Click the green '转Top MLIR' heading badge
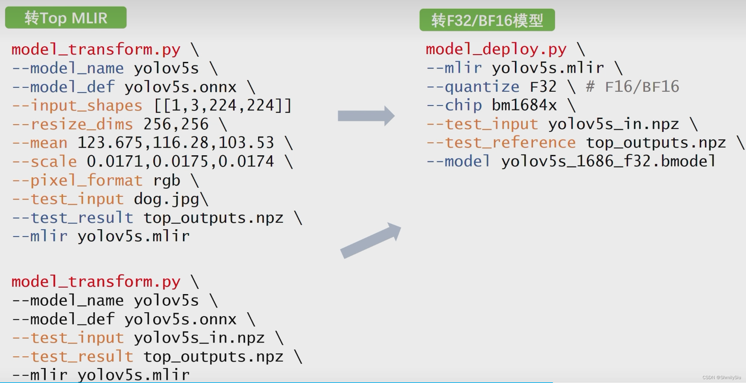tap(66, 18)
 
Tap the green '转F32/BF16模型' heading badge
tap(487, 20)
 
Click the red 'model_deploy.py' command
tap(496, 49)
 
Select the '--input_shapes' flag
tap(77, 106)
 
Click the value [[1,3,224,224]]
tap(223, 106)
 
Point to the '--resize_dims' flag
tap(72, 125)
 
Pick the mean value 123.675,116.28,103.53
tap(176, 143)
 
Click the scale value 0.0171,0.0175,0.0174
tap(180, 162)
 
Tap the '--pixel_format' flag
tap(77, 181)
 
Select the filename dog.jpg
tap(166, 199)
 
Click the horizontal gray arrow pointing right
tap(366, 116)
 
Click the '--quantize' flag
tap(472, 87)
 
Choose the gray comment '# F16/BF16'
tap(632, 87)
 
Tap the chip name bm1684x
tap(524, 105)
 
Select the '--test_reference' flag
tap(501, 143)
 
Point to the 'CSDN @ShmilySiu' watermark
tap(721, 377)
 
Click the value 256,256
tap(176, 125)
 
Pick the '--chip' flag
tap(454, 105)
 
